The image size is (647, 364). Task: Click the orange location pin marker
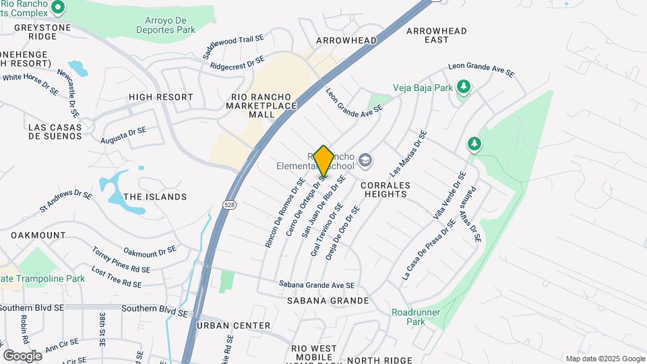pyautogui.click(x=323, y=161)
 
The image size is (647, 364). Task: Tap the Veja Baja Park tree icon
pyautogui.click(x=463, y=86)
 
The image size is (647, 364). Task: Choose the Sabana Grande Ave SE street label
pyautogui.click(x=317, y=285)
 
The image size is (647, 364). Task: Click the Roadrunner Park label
pyautogui.click(x=408, y=317)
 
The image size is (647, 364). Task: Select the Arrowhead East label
pyautogui.click(x=437, y=35)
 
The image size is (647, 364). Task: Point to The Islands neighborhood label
pyautogui.click(x=155, y=197)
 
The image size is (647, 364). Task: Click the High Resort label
pyautogui.click(x=161, y=97)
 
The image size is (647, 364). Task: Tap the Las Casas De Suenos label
pyautogui.click(x=55, y=131)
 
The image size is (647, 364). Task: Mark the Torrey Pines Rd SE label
pyautogui.click(x=121, y=260)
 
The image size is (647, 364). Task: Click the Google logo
pyautogui.click(x=22, y=355)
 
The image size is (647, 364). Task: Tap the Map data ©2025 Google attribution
pyautogui.click(x=605, y=359)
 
